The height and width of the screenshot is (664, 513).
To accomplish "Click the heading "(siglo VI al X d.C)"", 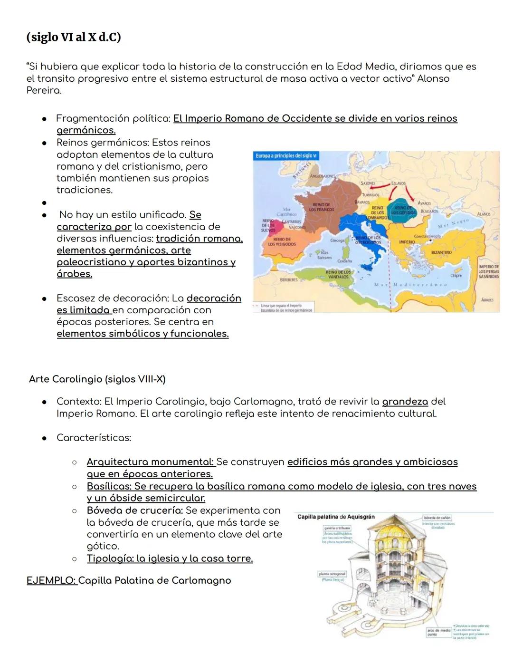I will (74, 37).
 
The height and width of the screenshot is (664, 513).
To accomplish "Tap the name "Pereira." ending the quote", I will (44, 90).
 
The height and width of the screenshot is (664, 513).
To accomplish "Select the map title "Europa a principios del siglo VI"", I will (286, 156).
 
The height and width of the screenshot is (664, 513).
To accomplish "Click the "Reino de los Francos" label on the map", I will (322, 207).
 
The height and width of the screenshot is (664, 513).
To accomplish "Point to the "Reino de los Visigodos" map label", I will (282, 242).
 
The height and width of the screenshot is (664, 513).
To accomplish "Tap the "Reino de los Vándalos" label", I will (338, 274).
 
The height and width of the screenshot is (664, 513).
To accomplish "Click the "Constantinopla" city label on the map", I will (427, 236).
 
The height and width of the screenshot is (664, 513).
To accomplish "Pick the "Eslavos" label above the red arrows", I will (398, 183).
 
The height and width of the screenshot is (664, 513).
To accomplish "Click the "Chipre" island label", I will (456, 276).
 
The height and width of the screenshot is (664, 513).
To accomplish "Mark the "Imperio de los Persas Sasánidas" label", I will (489, 271).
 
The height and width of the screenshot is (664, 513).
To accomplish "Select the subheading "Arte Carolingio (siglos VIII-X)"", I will (97, 379).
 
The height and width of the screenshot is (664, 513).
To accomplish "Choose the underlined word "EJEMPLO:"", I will (51, 580).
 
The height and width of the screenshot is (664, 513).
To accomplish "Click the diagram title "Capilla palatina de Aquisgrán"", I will (336, 517).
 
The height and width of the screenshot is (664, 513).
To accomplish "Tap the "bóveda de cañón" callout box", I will (437, 518).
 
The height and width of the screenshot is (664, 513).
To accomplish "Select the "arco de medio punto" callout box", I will (438, 632).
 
